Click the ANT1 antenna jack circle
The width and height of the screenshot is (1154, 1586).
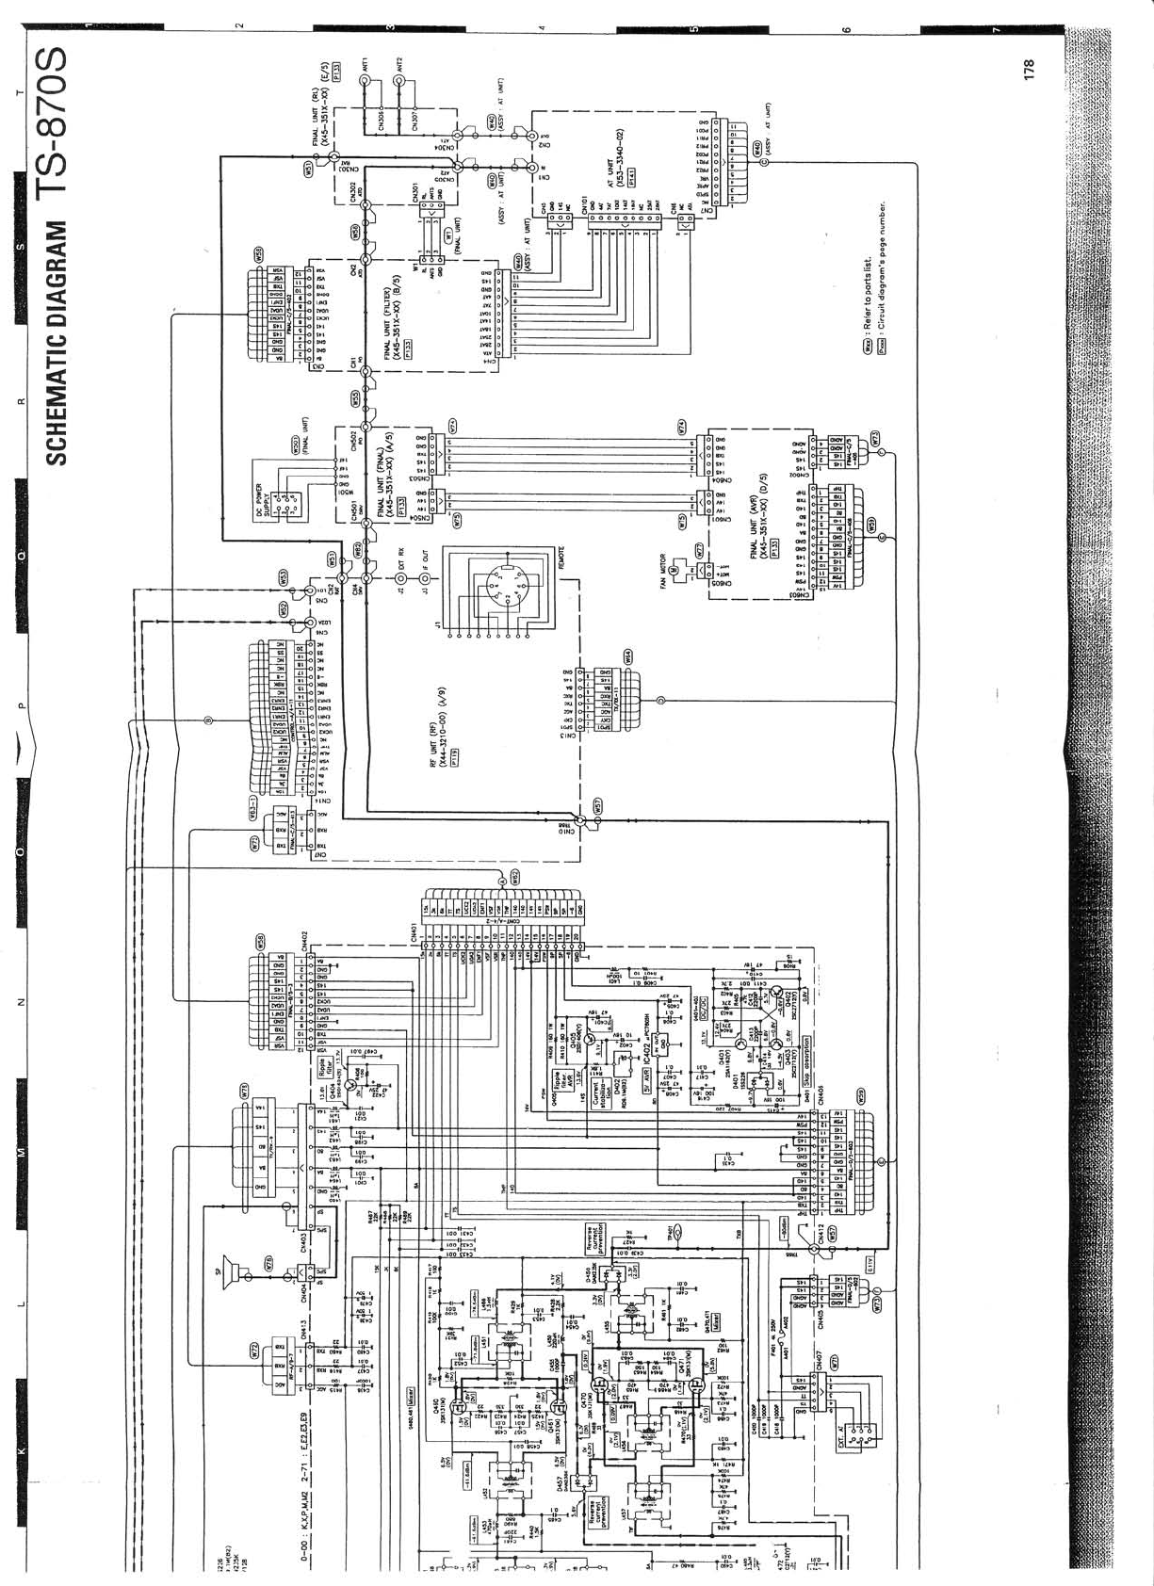(x=366, y=81)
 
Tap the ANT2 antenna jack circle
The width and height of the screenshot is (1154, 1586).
(x=399, y=81)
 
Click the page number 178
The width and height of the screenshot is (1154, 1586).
(x=1028, y=69)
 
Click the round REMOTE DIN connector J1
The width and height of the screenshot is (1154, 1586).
(x=497, y=590)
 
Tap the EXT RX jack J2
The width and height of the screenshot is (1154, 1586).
(x=399, y=578)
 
